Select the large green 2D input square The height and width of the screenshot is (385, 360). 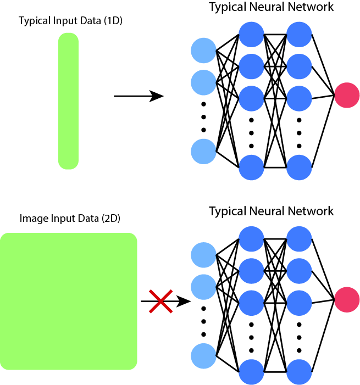[68, 301]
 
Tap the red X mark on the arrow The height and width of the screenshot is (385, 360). [161, 302]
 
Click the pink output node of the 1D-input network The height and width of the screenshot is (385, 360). [346, 95]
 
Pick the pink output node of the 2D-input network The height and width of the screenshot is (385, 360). [346, 300]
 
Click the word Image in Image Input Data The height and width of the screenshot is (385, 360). [31, 219]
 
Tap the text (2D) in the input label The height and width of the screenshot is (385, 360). [110, 219]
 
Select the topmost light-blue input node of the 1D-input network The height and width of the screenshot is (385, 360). [203, 51]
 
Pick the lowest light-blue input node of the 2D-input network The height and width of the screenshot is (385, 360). [203, 356]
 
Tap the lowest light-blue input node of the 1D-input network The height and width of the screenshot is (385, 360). [203, 152]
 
